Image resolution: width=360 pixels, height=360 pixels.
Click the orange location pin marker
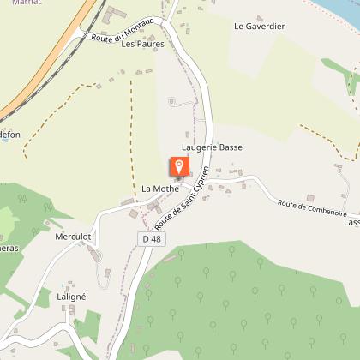[179, 165]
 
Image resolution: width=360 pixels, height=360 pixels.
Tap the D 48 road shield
[151, 237]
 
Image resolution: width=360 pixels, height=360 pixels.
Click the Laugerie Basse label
[213, 147]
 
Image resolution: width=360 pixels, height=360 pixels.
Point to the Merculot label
[72, 236]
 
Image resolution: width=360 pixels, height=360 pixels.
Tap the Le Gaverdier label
[259, 27]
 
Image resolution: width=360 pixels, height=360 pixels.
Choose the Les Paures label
[142, 45]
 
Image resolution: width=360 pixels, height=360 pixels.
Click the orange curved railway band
[51, 60]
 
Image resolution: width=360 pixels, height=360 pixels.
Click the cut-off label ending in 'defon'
[9, 135]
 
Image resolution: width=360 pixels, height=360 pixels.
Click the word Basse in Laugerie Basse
[230, 147]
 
